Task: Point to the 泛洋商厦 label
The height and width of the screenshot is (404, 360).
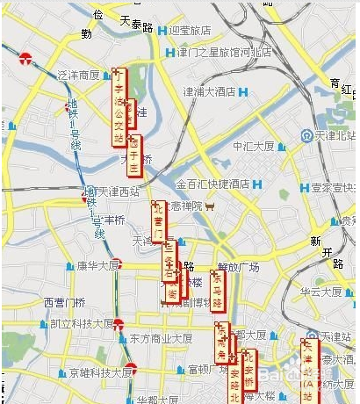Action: [x=78, y=75]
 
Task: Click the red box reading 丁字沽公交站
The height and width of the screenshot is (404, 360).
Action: [x=119, y=105]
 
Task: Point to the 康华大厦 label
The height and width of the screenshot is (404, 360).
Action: [x=95, y=265]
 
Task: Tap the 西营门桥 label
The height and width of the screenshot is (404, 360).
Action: [x=64, y=303]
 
